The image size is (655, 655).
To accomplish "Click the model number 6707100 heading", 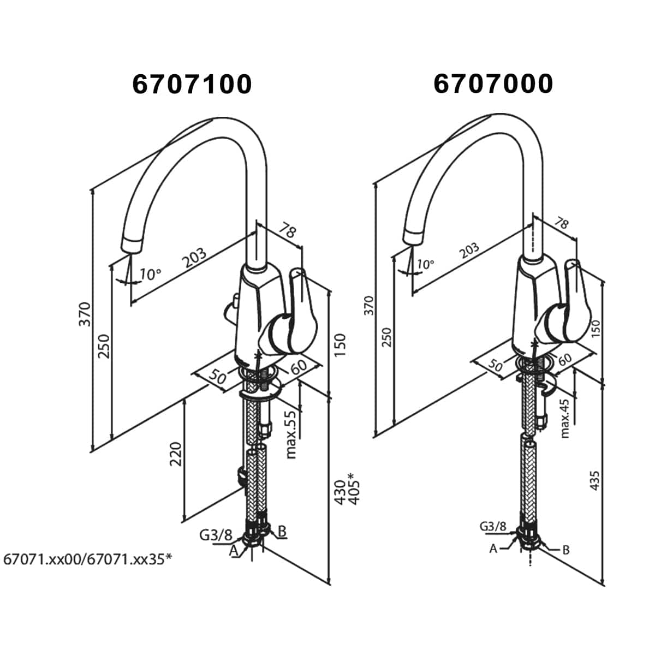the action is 192,84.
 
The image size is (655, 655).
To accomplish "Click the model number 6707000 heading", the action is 493,84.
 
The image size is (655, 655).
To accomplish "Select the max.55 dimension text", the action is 291,435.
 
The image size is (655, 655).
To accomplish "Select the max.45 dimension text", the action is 564,419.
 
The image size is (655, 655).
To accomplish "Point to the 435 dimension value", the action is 594,480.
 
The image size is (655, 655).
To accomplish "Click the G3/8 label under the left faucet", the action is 216,535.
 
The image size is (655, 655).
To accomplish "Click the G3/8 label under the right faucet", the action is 493,527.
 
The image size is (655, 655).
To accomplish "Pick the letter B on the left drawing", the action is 282,531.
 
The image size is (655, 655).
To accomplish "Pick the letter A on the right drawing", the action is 493,548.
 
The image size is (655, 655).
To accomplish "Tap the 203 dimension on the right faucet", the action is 469,251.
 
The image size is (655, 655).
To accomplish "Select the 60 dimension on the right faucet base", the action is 564,359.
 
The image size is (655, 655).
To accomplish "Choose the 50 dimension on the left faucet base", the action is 218,377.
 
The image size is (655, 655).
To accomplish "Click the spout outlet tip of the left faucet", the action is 131,246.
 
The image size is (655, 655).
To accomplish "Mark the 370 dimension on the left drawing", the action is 85,314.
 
